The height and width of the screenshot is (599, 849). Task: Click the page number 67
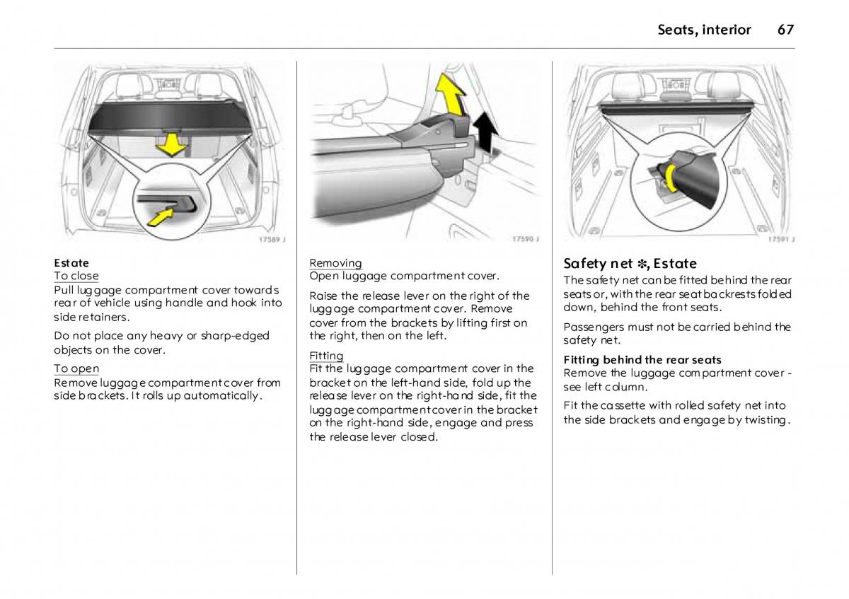[x=785, y=30]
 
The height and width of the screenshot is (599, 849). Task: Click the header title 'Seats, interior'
[x=704, y=30]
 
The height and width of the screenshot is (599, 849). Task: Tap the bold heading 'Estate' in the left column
[x=71, y=263]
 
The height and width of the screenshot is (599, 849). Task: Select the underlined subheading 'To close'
[x=76, y=276]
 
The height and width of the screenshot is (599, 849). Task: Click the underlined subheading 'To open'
[x=76, y=368]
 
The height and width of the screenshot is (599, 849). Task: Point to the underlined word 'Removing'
[x=335, y=263]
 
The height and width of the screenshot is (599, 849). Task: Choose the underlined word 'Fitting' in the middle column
[x=326, y=356]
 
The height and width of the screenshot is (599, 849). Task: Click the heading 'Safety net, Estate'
[x=630, y=264]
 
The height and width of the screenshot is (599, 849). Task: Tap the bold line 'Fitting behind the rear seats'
[x=642, y=360]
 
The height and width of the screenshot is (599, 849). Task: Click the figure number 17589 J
[x=270, y=239]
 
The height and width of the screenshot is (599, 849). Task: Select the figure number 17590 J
[x=526, y=239]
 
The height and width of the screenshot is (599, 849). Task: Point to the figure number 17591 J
[x=780, y=239]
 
